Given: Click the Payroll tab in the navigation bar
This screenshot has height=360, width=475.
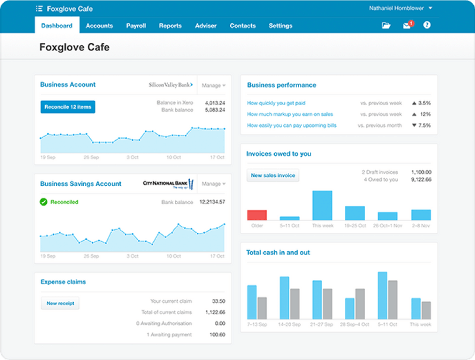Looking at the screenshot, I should [136, 26].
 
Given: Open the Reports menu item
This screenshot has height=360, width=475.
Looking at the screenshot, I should [170, 26].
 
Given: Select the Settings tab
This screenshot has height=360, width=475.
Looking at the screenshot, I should [280, 26].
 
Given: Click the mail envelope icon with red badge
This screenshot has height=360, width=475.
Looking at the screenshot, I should [407, 26].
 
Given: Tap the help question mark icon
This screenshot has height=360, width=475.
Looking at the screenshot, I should [426, 26].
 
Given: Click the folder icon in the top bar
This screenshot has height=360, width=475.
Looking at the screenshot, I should [387, 26].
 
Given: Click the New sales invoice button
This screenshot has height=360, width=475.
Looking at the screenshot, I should [273, 176].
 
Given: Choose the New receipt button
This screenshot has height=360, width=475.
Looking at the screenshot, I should [60, 304].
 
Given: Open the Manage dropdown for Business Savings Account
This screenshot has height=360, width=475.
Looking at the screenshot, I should [213, 184].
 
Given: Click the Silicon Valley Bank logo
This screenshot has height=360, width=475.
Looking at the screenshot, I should [170, 85].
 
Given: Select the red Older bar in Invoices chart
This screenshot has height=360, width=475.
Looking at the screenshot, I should [256, 215].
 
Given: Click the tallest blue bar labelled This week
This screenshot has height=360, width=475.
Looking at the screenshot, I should [322, 206].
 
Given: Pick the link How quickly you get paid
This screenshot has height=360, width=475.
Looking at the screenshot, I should [276, 103].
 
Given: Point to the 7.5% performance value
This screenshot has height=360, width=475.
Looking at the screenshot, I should [425, 125].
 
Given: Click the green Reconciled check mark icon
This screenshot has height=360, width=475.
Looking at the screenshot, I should [43, 202].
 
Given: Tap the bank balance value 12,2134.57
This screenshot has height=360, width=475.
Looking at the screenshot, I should [212, 203].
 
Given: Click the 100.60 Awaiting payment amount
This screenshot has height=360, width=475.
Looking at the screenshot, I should [218, 334].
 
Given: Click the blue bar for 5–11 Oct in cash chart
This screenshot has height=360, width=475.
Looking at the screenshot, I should [382, 295].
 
